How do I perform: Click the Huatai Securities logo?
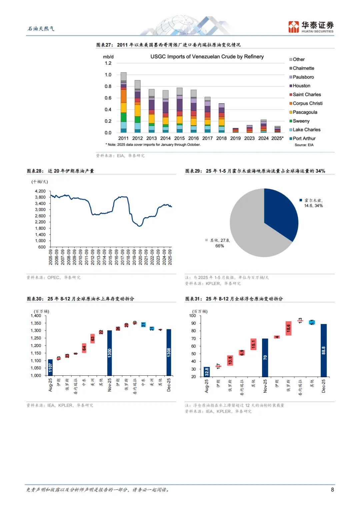[x=311, y=27]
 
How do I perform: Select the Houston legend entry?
[x=301, y=86]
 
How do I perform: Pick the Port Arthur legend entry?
[x=304, y=138]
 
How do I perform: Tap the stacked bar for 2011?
[x=123, y=102]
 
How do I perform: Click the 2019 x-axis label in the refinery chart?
[x=235, y=138]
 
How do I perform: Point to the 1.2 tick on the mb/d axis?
[x=108, y=63]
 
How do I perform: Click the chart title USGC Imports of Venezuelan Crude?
[x=207, y=57]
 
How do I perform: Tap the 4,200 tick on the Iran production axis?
[x=40, y=191]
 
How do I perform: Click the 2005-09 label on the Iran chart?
[x=51, y=257]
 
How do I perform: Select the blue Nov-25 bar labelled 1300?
[x=110, y=353]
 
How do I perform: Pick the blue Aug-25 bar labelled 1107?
[x=50, y=367]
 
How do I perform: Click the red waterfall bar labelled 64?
[x=84, y=348]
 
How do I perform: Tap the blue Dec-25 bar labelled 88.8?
[x=323, y=350]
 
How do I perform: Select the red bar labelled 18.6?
[x=288, y=328]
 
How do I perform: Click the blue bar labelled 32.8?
[x=207, y=372]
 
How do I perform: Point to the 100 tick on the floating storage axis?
[x=192, y=316]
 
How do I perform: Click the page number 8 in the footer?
[x=332, y=490]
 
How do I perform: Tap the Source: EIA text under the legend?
[x=304, y=145]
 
